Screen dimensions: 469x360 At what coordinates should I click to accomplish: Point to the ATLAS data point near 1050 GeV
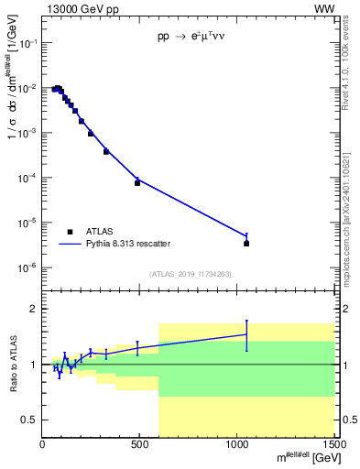pyautogui.click(x=246, y=244)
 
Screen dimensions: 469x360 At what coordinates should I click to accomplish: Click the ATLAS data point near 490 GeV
pyautogui.click(x=137, y=182)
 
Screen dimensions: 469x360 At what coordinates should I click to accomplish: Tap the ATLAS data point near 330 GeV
pyautogui.click(x=106, y=151)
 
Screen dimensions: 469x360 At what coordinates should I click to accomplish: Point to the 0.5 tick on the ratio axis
pyautogui.click(x=31, y=420)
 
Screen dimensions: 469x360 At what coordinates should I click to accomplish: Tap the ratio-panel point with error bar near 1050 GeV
pyautogui.click(x=246, y=334)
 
